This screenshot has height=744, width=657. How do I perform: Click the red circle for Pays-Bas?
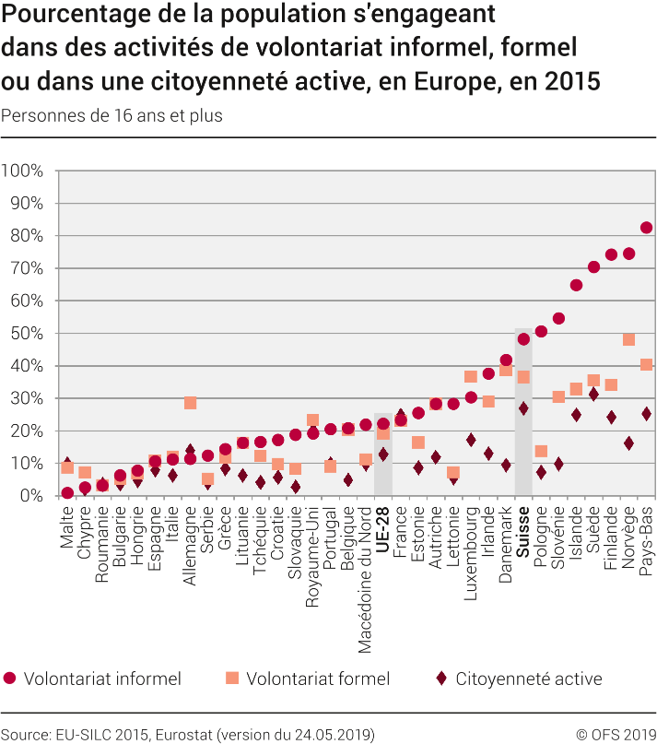[646, 228]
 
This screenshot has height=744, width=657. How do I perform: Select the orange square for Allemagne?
[190, 403]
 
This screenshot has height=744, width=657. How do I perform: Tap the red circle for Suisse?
[523, 338]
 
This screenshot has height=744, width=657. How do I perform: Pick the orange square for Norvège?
[628, 339]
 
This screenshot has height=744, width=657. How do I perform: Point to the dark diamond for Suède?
[593, 394]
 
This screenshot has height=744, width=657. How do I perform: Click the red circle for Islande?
[576, 285]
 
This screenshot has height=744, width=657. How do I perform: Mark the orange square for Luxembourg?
[471, 376]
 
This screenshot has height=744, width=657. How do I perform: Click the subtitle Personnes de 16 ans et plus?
[111, 116]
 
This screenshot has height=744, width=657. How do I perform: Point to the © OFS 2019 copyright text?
[616, 734]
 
